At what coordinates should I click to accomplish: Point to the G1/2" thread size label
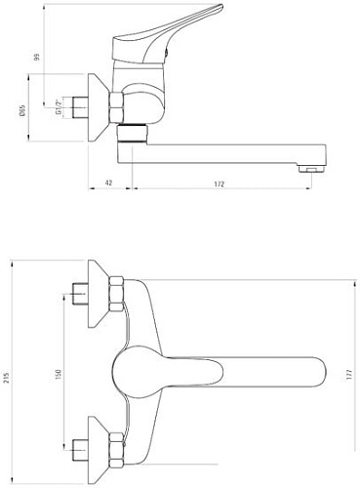point(59,102)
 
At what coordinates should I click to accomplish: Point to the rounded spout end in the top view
point(310,370)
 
